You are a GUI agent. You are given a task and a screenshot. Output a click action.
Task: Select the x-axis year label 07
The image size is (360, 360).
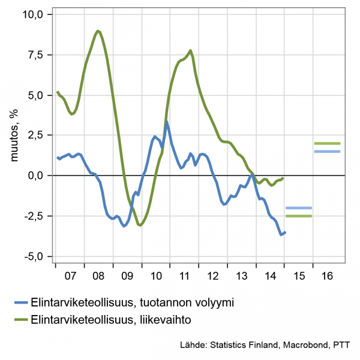[70, 277]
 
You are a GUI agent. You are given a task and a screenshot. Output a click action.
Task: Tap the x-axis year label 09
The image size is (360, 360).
[127, 277]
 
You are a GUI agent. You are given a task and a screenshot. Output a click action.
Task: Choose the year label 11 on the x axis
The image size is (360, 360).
[184, 277]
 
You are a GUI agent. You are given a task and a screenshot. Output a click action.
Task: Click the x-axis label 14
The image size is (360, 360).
[270, 277]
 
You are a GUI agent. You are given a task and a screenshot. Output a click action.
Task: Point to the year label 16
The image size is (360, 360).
[327, 277]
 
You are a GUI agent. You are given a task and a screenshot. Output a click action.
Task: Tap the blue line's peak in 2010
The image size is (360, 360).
[166, 122]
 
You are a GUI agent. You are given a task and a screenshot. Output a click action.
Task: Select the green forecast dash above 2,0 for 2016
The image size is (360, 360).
[327, 143]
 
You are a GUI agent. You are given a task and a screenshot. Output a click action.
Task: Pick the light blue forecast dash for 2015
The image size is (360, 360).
[298, 208]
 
